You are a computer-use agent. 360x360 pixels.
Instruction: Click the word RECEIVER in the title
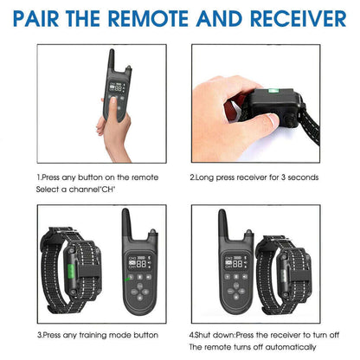point(299,18)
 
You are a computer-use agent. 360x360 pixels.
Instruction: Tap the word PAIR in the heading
point(36,18)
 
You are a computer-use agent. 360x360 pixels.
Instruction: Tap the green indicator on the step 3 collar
point(71,271)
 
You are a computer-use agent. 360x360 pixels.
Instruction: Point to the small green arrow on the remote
point(127,279)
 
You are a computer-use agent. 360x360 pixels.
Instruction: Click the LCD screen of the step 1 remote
point(117,87)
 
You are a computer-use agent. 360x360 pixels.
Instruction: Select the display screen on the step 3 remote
point(140,262)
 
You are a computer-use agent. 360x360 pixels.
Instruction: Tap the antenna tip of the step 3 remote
point(125,210)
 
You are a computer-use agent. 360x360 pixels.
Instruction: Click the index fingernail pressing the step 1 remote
point(113,100)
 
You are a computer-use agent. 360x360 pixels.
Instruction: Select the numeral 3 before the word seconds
point(283,177)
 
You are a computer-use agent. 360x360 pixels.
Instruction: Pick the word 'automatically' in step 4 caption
point(291,347)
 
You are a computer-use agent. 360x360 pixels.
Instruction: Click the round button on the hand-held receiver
point(290,119)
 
